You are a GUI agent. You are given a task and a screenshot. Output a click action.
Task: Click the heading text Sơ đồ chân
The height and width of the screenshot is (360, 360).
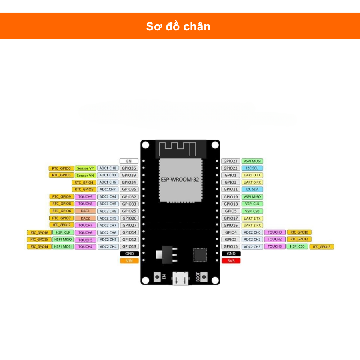tap(178, 26)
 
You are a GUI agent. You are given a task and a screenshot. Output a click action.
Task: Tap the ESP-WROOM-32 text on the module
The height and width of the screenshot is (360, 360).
tap(179, 180)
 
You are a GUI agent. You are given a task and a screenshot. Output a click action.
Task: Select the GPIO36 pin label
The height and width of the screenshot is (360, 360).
tap(129, 168)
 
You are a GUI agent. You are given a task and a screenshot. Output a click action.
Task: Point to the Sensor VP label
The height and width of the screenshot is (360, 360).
tap(85, 168)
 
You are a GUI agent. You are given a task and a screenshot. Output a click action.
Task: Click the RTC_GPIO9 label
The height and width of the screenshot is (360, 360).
tap(61, 197)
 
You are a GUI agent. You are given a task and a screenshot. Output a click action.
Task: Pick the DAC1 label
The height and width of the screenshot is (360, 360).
tap(85, 211)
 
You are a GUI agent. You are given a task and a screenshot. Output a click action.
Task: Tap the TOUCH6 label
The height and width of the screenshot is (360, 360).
tap(85, 233)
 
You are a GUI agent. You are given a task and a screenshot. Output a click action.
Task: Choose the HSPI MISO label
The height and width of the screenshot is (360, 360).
tap(63, 240)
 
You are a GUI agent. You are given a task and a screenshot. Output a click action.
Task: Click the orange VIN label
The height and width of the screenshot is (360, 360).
tap(129, 261)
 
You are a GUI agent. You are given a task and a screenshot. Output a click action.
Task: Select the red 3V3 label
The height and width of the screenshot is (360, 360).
tap(231, 261)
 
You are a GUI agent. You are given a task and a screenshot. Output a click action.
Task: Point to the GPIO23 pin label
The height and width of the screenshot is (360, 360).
tap(231, 161)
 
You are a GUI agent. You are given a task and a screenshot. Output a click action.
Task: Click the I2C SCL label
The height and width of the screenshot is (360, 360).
tap(252, 168)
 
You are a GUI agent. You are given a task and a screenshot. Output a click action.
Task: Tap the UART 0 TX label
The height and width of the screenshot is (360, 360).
tap(252, 175)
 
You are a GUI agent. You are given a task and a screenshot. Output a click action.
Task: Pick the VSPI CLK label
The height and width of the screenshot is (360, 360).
tap(252, 204)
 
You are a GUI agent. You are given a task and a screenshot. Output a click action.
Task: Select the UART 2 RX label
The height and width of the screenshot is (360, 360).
tap(252, 225)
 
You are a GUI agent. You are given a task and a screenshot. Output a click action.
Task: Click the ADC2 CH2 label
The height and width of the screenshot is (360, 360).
tap(252, 240)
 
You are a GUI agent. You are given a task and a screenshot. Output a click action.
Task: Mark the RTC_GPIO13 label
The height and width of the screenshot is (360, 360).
tap(322, 247)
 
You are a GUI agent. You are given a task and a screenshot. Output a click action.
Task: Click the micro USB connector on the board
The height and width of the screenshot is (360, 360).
tap(180, 278)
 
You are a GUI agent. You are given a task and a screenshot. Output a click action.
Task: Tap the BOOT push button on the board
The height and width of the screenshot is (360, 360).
tap(204, 276)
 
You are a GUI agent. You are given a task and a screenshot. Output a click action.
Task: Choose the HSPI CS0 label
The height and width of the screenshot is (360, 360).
tap(297, 246)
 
